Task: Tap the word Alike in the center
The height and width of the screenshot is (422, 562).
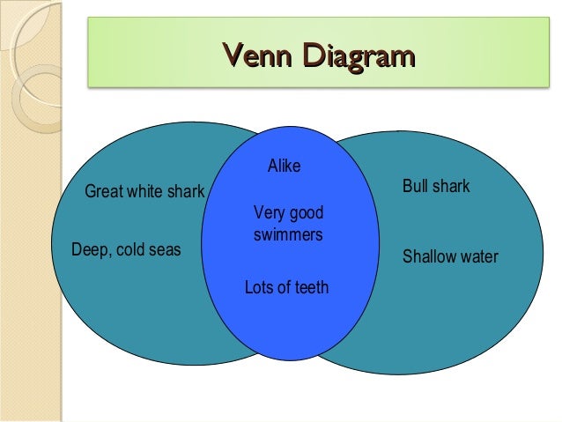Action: tap(283, 166)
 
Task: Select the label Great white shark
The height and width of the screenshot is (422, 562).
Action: tap(144, 192)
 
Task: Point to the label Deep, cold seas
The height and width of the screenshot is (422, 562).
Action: tap(125, 250)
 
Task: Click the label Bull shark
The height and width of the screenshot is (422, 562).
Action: tap(436, 187)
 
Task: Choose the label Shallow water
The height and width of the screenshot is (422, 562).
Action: tap(449, 257)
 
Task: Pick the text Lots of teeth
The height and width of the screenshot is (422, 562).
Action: tap(286, 287)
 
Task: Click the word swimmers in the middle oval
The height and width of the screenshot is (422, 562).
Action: tap(288, 236)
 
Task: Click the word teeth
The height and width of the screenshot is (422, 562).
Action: tap(311, 287)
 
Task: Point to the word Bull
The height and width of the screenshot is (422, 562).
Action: tap(416, 187)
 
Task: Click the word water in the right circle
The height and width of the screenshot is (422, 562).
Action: tap(478, 257)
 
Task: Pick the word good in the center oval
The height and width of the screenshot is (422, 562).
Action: tap(307, 213)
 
